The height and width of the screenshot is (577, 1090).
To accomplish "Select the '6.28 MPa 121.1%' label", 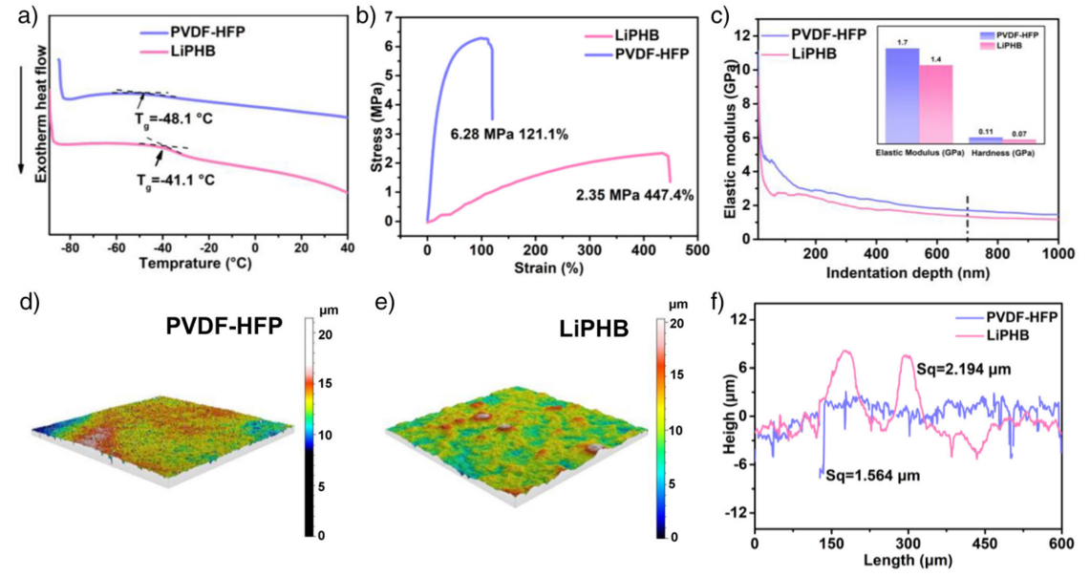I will [509, 134].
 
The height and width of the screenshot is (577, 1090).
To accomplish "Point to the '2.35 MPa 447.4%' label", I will [634, 196].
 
